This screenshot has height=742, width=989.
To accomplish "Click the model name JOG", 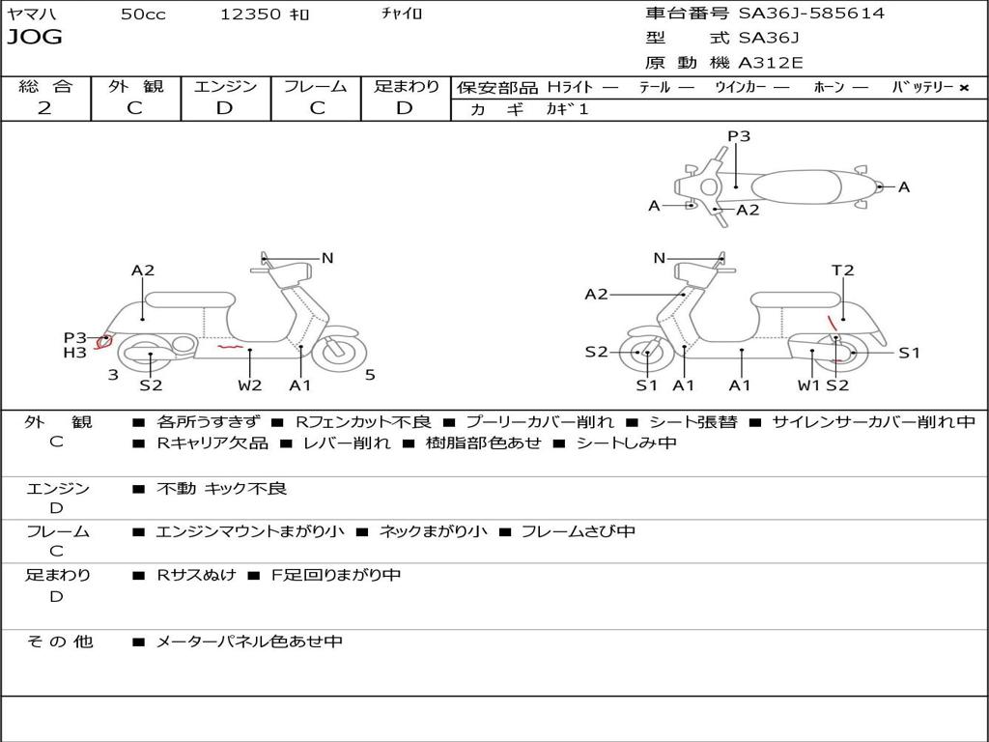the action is pos(35,37).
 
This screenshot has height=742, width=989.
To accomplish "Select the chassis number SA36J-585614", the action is pos(811,13).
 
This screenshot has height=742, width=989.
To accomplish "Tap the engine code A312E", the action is pos(770,63).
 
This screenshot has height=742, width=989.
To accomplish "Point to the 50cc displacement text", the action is pos(143,14).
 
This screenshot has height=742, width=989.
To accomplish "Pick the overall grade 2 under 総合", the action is pos(44,108).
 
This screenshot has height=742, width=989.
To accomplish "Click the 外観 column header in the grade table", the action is pos(135,86).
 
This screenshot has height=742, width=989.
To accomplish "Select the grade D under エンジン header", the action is pos(224,108).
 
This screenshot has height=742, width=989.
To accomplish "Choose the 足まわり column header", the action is pos(407,86).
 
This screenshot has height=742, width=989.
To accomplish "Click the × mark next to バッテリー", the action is pos(964,88).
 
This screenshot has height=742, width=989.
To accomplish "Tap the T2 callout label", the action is pos(842,271).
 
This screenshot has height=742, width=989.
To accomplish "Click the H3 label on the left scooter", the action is pos(74,353).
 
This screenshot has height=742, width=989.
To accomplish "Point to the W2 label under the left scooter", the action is pos(250,385).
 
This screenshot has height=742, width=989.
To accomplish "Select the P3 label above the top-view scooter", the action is pos(739,135).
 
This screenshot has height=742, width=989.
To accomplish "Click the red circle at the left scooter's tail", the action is pos(102,343).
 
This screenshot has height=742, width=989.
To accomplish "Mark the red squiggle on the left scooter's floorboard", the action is pos(230,347).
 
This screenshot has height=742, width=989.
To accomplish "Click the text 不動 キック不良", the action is pos(221,488).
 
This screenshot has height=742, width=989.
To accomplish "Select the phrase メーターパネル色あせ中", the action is pos(248,642).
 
